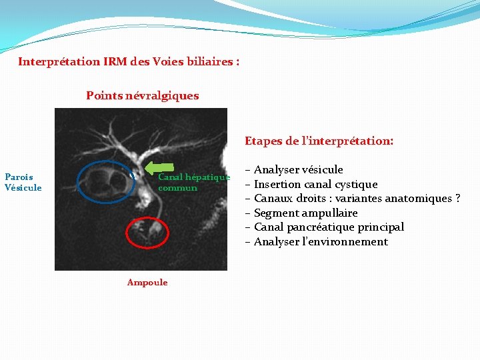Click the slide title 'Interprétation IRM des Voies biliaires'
(129, 61)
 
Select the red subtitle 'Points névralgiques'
(142, 95)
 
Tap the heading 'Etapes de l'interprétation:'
(319, 141)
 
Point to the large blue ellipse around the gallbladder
(106, 181)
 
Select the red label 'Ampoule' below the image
(147, 282)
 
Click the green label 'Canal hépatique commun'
(193, 182)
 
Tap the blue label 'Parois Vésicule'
(23, 182)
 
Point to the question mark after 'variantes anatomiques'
(457, 199)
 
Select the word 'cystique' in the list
(357, 184)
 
